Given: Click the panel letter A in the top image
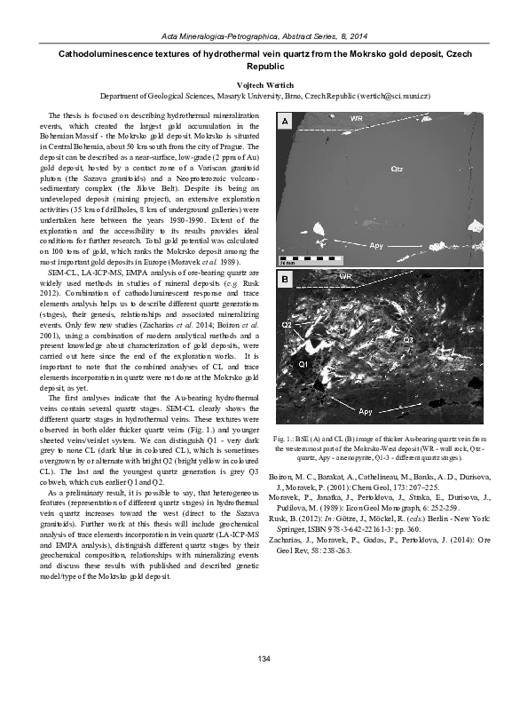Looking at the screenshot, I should (285, 120).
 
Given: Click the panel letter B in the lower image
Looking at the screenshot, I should (285, 281).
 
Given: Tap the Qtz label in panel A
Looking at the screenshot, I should (397, 167).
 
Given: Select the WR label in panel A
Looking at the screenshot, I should (355, 118).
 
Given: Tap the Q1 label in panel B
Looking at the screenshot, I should (303, 365).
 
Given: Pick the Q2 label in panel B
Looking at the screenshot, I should (286, 327).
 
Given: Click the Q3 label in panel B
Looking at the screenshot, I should (408, 340).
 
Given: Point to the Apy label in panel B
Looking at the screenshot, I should (365, 411).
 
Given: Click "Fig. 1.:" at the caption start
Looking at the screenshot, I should (286, 439).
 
